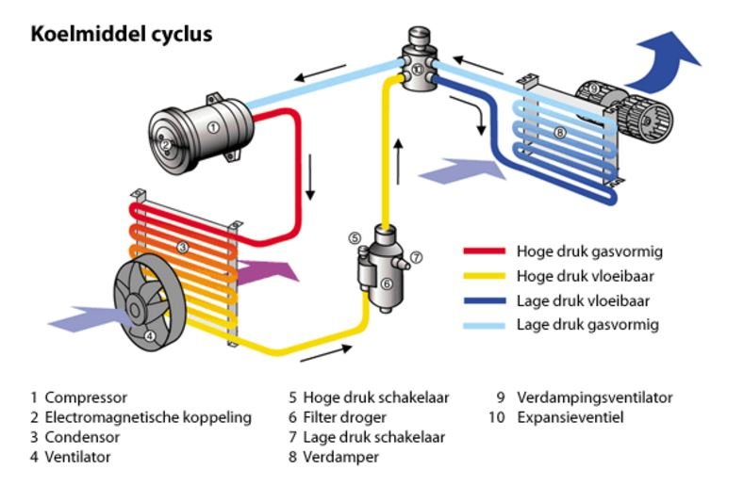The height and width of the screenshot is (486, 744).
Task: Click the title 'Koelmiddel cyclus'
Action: pos(122,35)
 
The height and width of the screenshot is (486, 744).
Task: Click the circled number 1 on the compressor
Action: pos(213,126)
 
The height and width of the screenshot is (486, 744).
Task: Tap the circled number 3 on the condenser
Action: pos(183,247)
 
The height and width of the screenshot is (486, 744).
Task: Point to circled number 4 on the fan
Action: pos(149,334)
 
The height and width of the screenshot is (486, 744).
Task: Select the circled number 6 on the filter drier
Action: pos(386,283)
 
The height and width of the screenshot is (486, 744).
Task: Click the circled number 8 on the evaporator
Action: pos(559,134)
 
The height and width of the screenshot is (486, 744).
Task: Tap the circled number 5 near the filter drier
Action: pos(355,238)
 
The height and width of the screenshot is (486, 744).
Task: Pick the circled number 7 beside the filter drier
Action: pos(416,256)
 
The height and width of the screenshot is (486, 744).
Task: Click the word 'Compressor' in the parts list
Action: pos(86,397)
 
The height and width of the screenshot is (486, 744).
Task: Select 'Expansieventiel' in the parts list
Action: pos(570,417)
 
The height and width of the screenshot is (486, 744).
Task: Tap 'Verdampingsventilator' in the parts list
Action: pos(594,397)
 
